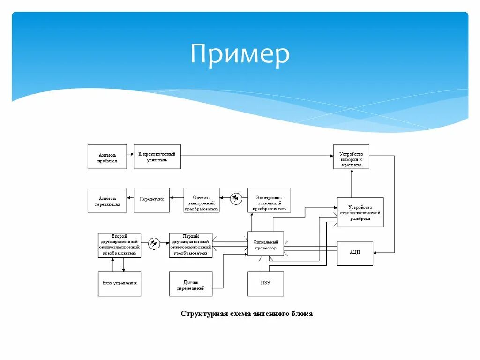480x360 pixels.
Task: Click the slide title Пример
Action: tap(240, 54)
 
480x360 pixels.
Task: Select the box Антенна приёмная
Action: tap(107, 157)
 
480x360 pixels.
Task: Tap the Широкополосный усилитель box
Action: tap(157, 157)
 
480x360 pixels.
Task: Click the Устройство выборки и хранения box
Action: tap(351, 157)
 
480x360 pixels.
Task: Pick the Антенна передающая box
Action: tap(107, 200)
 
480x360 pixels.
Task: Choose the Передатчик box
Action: tap(151, 200)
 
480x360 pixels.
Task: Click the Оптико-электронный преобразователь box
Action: tap(202, 200)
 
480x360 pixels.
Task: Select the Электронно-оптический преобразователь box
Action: tap(269, 200)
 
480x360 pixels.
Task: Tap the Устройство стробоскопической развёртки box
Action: tap(360, 212)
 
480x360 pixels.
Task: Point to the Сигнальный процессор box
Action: tap(265, 244)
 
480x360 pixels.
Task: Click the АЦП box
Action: tap(355, 253)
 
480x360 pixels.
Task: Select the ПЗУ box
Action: tap(265, 284)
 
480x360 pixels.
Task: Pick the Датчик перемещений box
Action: tap(191, 284)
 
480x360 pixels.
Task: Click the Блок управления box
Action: tap(119, 284)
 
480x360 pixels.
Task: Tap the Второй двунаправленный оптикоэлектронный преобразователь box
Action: tap(119, 245)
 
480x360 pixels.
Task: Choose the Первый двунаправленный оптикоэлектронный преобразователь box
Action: tap(191, 245)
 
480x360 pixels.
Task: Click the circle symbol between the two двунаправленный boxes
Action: tap(154, 243)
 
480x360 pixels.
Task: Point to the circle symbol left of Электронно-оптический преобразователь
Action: tap(236, 199)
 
